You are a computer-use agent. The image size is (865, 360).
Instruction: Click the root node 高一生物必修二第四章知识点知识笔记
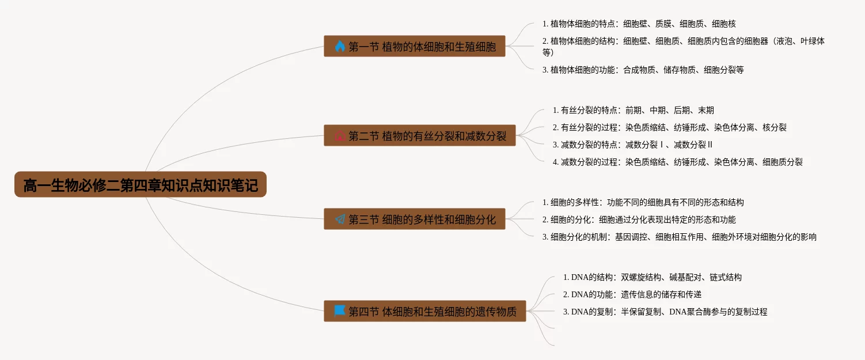(x=141, y=185)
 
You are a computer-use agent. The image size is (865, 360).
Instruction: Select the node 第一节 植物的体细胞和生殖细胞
(x=415, y=46)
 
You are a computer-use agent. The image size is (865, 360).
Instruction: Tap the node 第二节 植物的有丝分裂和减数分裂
(x=419, y=136)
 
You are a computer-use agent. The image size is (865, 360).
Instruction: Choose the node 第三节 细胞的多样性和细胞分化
(x=415, y=219)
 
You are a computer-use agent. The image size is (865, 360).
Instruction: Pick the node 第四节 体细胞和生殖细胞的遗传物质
(x=425, y=311)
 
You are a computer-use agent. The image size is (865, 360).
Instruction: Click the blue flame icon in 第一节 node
(x=340, y=46)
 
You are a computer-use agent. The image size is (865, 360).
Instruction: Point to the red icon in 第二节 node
(x=340, y=136)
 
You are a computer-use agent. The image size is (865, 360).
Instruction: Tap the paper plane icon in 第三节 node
(x=340, y=219)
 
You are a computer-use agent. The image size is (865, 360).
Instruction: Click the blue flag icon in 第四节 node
(x=340, y=311)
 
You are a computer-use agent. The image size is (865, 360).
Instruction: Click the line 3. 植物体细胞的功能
(x=643, y=70)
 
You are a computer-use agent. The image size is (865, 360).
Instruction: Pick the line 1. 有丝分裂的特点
(x=633, y=110)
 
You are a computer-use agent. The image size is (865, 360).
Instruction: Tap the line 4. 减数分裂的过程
(x=677, y=162)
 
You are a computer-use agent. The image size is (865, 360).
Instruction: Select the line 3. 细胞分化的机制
(x=679, y=237)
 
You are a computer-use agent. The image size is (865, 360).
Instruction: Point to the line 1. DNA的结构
(x=652, y=277)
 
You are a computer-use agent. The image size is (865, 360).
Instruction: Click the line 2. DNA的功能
(x=632, y=294)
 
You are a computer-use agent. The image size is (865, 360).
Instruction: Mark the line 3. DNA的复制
(x=665, y=312)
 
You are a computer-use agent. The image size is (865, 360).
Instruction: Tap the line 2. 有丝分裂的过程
(x=669, y=127)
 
